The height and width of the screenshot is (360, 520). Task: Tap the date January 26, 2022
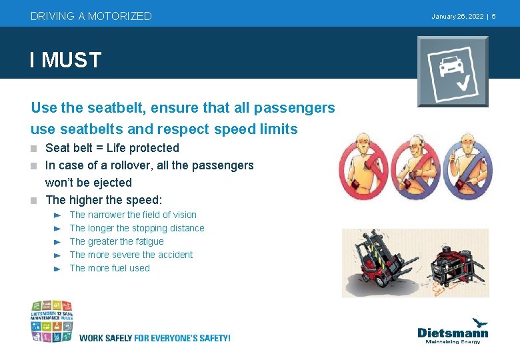tap(457, 16)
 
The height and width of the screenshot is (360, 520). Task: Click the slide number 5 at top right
tap(493, 16)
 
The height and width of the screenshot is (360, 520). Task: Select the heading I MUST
tap(65, 60)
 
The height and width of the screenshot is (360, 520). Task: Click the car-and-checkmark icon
tap(453, 71)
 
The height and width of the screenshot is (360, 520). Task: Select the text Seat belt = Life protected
tap(112, 148)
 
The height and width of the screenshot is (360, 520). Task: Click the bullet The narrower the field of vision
tap(133, 215)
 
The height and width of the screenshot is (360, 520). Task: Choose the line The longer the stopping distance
tap(137, 228)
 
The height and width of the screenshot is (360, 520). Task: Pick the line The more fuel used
tap(109, 268)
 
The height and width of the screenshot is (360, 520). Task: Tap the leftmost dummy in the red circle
tap(364, 167)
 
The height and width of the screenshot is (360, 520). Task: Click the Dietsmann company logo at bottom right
tap(452, 331)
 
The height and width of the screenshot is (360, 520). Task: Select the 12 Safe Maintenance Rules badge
tap(51, 321)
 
